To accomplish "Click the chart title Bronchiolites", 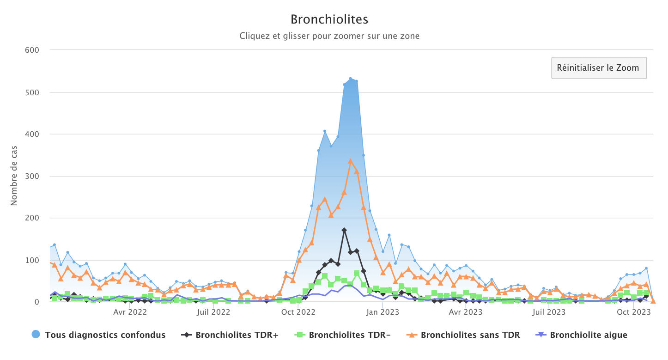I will click(x=329, y=19).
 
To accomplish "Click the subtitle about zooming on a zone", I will click(x=329, y=36).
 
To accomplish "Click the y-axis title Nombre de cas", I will click(x=14, y=176).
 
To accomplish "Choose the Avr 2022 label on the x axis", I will click(x=130, y=312).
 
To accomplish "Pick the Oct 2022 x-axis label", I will click(x=298, y=312).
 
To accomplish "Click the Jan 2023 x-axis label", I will click(x=383, y=312).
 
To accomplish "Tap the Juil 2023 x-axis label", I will click(x=549, y=312).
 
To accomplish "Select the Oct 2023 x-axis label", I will click(x=634, y=312).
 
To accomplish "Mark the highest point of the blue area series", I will click(x=350, y=79).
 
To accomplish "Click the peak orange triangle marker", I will click(x=350, y=161).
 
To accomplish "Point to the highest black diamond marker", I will click(x=344, y=230).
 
